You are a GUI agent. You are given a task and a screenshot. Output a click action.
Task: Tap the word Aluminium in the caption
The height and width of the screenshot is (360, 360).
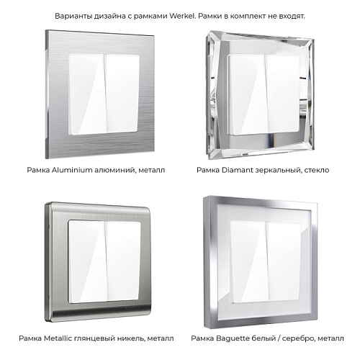(72, 170)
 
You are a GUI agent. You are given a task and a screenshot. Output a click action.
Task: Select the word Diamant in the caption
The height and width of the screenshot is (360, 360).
(238, 170)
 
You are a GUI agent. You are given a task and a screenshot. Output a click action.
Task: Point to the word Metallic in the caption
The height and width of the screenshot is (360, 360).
(58, 338)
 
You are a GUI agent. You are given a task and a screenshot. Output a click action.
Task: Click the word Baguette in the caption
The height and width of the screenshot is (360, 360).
(233, 338)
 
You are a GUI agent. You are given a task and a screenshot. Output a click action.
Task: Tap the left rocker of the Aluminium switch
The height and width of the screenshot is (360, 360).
(88, 94)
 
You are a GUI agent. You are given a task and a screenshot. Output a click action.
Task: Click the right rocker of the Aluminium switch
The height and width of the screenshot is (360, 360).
(122, 93)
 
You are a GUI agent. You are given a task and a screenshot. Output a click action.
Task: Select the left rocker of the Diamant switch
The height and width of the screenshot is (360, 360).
(247, 94)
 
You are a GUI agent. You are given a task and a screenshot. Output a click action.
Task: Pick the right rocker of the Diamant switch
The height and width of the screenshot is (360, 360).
(283, 94)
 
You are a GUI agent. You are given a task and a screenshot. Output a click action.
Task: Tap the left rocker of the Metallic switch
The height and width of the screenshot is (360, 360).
(87, 262)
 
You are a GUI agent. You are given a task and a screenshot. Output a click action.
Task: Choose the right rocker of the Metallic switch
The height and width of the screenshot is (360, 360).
(123, 261)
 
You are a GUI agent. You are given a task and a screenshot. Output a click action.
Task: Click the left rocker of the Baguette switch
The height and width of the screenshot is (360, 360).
(249, 262)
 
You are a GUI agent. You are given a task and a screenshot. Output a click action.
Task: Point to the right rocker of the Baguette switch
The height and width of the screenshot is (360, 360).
(284, 261)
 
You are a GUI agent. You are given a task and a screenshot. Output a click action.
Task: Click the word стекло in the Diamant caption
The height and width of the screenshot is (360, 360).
(317, 170)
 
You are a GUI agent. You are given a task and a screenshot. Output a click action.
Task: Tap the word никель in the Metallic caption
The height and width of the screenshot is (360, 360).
(131, 338)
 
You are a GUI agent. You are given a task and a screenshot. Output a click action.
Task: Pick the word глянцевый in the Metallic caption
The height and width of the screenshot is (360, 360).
(94, 338)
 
